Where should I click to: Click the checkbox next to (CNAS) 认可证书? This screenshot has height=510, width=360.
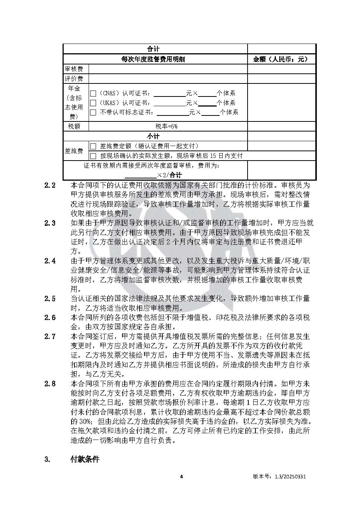tap(93, 94)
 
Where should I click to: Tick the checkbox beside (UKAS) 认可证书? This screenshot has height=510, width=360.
tap(93, 103)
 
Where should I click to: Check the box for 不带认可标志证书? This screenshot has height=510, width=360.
tap(93, 112)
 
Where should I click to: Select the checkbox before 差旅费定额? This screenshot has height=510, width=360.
tap(93, 146)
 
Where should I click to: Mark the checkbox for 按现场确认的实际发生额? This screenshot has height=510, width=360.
tap(93, 156)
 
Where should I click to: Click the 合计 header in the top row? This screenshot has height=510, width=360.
tap(153, 49)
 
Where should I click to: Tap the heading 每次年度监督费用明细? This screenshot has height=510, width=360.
tap(153, 59)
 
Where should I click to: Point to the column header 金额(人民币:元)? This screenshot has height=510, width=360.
tap(280, 59)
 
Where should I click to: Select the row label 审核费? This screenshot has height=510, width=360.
tap(74, 69)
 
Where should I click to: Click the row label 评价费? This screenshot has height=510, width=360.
tap(74, 79)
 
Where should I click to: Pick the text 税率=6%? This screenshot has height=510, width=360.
tap(166, 126)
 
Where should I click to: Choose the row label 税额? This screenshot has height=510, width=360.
tap(74, 126)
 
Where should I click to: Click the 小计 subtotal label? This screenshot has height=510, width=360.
tap(153, 136)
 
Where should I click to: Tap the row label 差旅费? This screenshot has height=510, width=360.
tap(74, 151)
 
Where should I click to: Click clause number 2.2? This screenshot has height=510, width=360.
tap(50, 185)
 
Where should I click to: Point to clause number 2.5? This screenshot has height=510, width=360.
tap(50, 299)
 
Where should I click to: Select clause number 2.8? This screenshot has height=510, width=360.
tap(50, 384)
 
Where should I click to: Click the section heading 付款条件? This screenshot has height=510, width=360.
tap(85, 459)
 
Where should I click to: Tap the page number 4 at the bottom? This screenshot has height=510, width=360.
tap(181, 476)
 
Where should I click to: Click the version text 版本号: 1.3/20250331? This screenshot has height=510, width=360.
tap(279, 476)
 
